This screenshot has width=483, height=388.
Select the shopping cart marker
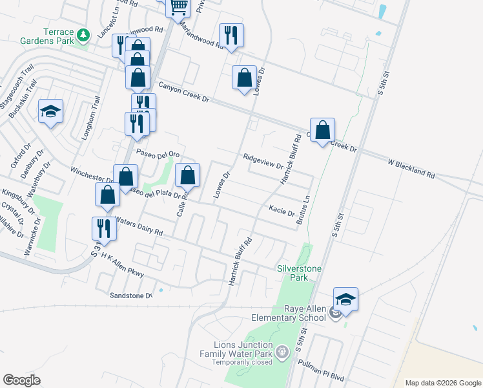[178, 7]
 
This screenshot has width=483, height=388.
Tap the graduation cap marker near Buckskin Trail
[50, 112]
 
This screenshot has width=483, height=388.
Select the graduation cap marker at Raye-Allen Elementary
[345, 299]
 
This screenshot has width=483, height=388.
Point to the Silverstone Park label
[299, 273]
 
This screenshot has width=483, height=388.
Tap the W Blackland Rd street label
[412, 169]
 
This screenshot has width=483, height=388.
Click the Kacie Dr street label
[282, 211]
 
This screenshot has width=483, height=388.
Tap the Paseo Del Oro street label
[157, 153]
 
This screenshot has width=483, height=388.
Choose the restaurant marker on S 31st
[103, 228]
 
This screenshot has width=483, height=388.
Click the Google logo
[22, 380]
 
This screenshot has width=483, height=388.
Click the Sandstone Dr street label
[130, 296]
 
